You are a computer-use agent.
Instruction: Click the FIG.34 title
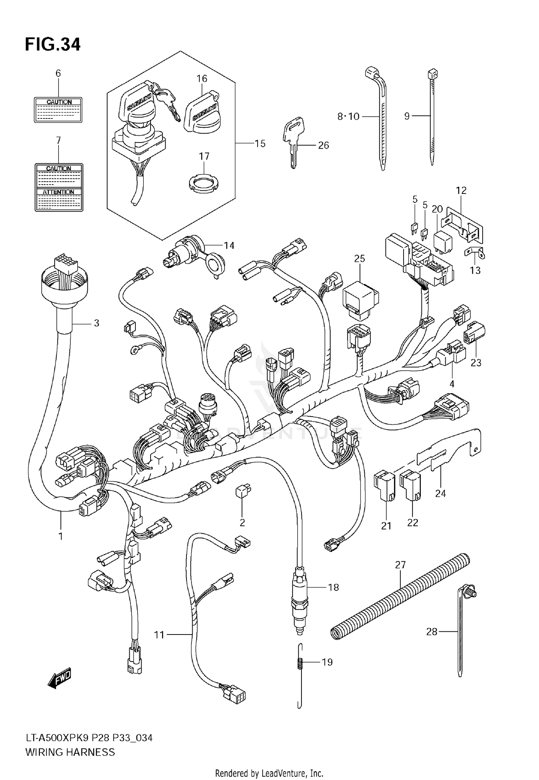coord(52,45)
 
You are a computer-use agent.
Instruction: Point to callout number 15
coord(260,144)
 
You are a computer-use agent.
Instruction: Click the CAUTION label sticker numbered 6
coord(58,110)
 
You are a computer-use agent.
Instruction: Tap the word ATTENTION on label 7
coord(59,192)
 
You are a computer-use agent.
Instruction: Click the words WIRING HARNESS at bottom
coord(70,751)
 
